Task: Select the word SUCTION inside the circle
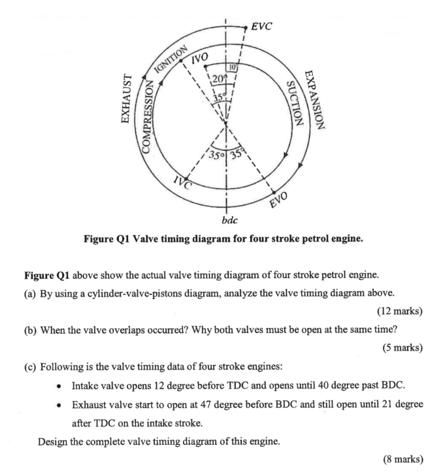tap(294, 105)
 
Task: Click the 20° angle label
tap(218, 78)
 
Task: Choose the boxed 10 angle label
tap(232, 67)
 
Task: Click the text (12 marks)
tap(399, 311)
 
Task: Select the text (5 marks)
tap(401, 348)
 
